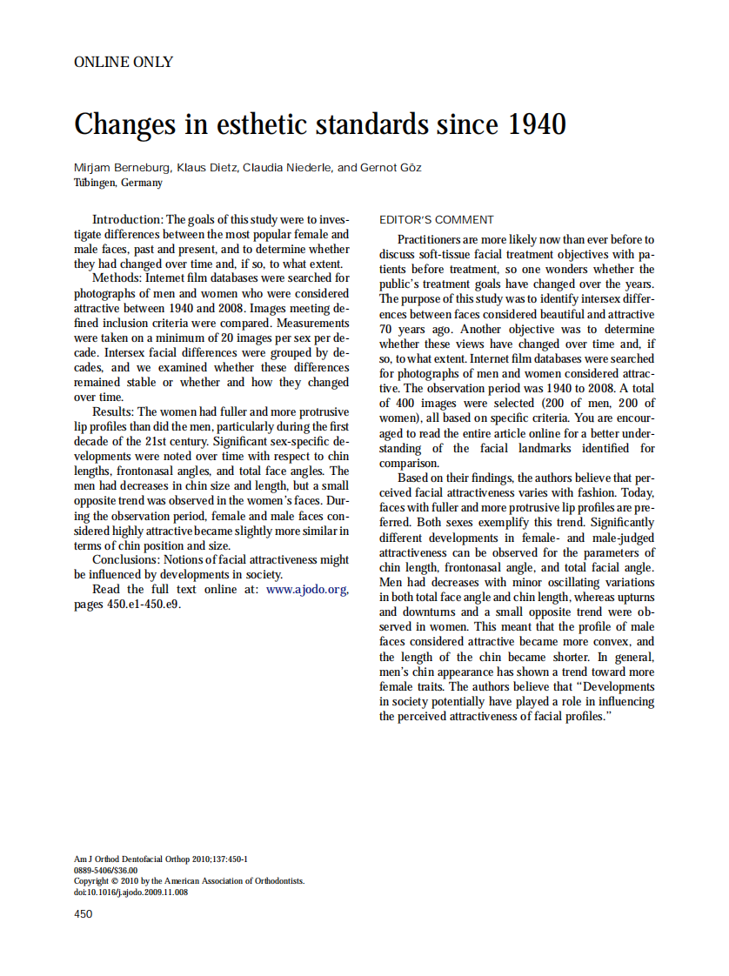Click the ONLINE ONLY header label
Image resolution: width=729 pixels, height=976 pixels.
(124, 62)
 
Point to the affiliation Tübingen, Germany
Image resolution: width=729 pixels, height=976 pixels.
(117, 183)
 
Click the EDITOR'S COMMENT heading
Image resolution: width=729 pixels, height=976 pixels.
(437, 220)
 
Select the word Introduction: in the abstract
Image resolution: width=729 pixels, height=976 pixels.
(127, 220)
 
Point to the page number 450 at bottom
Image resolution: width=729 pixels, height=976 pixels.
(84, 913)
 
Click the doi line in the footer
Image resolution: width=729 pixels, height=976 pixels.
(130, 892)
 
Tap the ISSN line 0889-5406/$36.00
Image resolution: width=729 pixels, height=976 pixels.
(105, 870)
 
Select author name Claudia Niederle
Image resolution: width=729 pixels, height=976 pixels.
(282, 167)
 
